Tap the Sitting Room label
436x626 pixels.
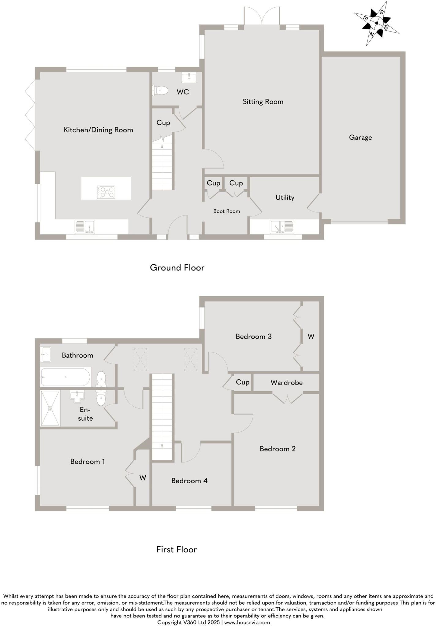tap(263, 101)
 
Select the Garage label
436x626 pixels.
tap(360, 138)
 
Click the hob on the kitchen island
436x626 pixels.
tap(106, 192)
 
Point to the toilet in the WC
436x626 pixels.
tap(161, 90)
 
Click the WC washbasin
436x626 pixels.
tap(189, 78)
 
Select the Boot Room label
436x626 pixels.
tap(226, 211)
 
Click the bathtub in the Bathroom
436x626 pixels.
tap(65, 377)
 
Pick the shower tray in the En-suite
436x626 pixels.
tap(50, 408)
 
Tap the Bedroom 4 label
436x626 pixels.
tap(189, 481)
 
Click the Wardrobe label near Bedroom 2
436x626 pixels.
tap(286, 382)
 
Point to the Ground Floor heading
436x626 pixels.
tap(177, 268)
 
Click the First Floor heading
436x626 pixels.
tap(177, 550)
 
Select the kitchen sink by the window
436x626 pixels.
tap(85, 227)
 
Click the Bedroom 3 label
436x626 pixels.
tap(253, 337)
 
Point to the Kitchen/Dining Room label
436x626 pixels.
tap(98, 130)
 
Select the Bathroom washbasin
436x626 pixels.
tap(45, 354)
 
